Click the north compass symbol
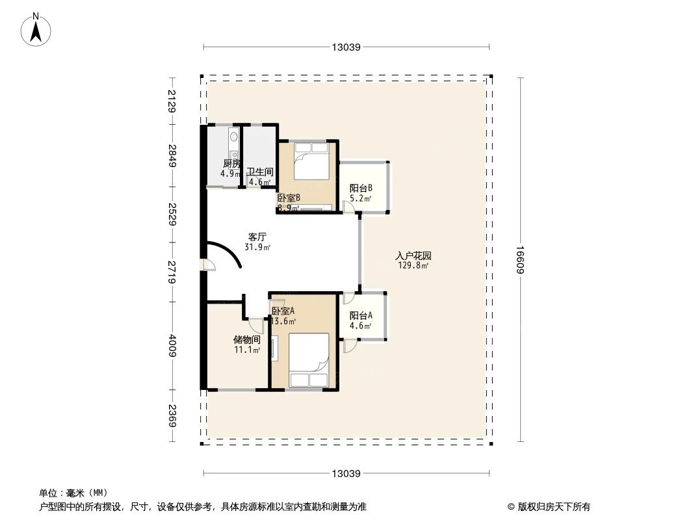pyautogui.click(x=36, y=29)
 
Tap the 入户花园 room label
pyautogui.click(x=413, y=256)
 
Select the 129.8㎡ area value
pyautogui.click(x=413, y=265)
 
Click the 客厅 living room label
pyautogui.click(x=257, y=237)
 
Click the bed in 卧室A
pyautogui.click(x=309, y=361)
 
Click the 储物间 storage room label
pyautogui.click(x=247, y=340)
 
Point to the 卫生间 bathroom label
pyautogui.click(x=259, y=172)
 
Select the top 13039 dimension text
pyautogui.click(x=346, y=47)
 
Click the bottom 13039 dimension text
pyautogui.click(x=346, y=473)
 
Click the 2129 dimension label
pyautogui.click(x=172, y=101)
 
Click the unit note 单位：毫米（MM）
pyautogui.click(x=73, y=493)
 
